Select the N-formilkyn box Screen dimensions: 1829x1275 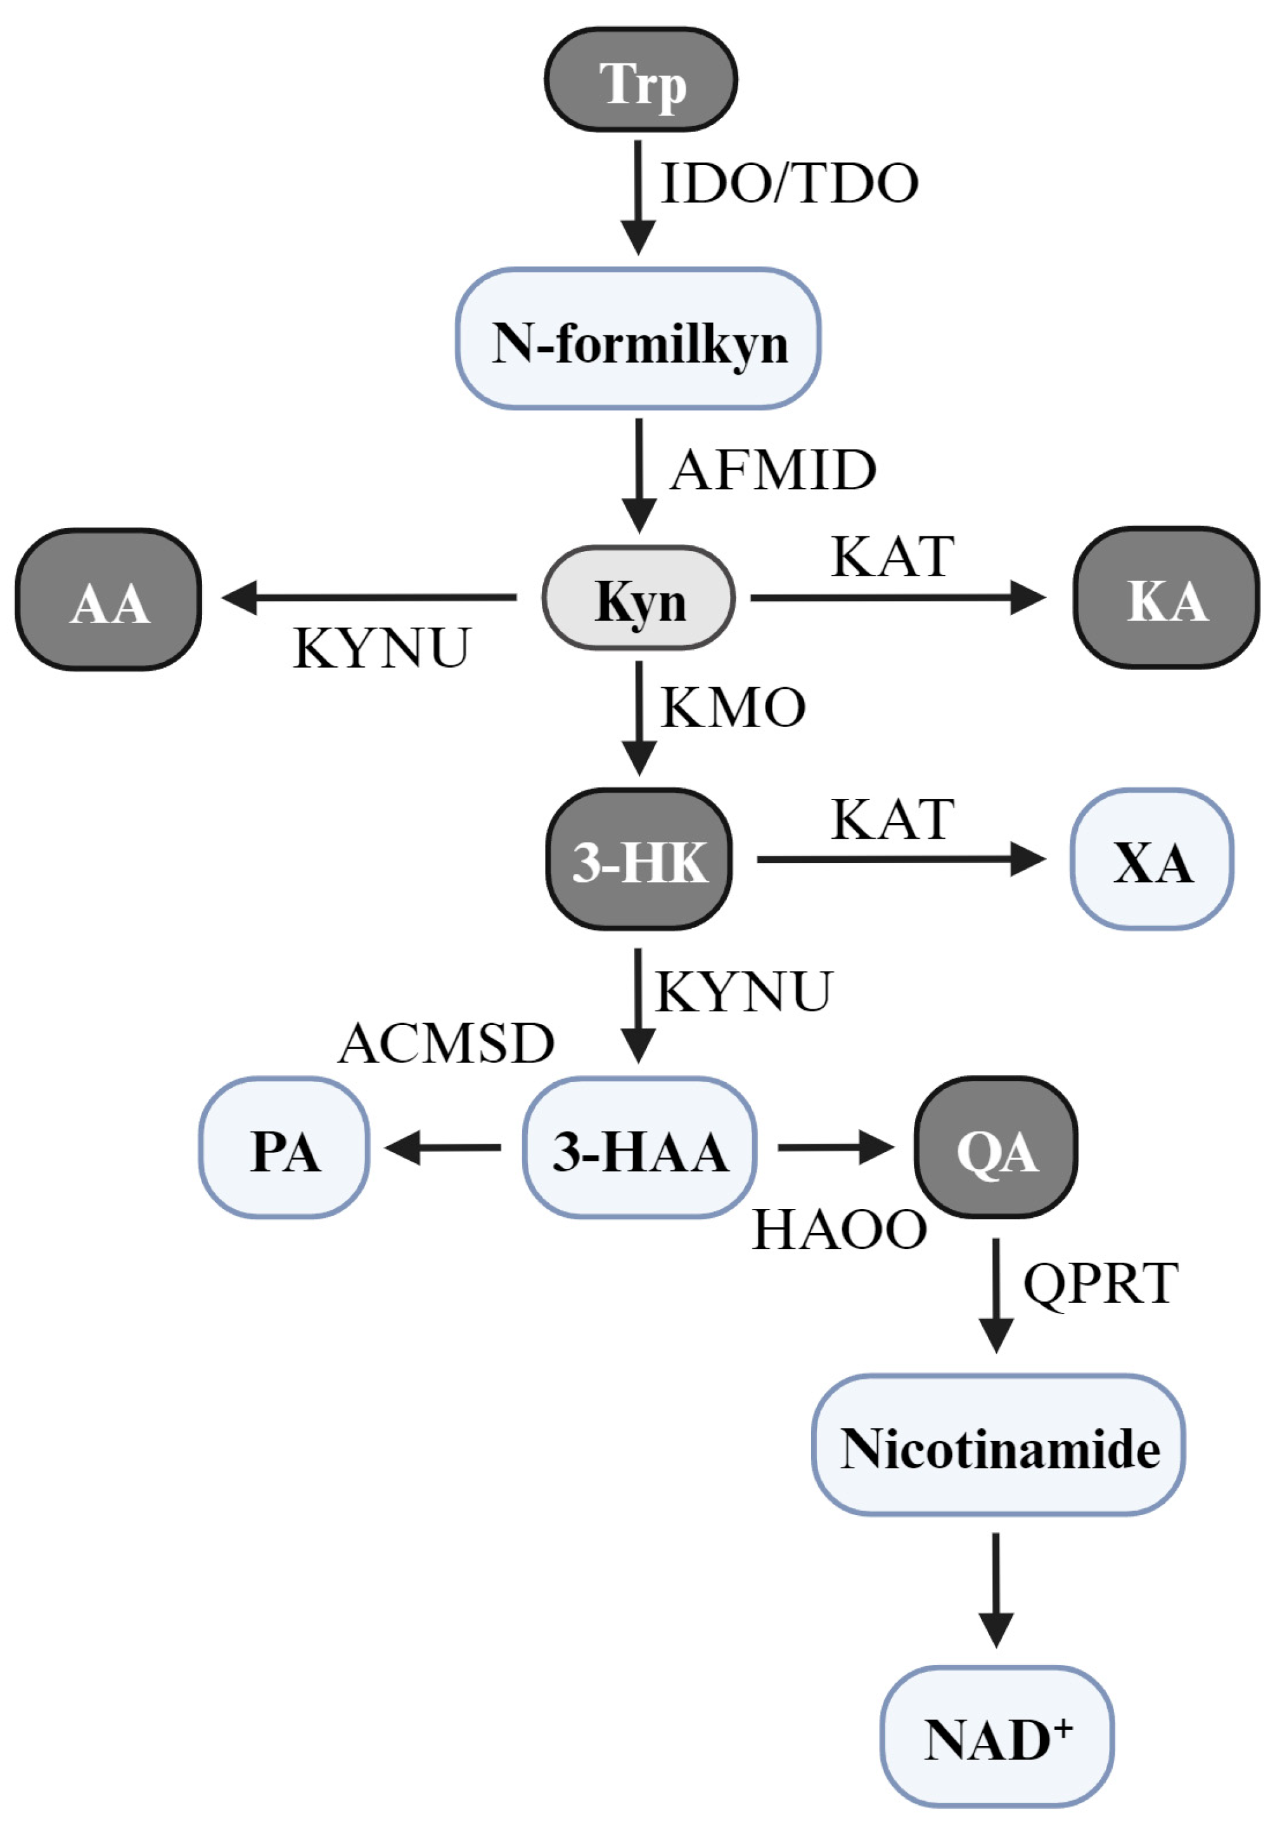pos(638,339)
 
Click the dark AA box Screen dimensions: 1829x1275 pos(108,599)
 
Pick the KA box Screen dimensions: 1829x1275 pos(1166,597)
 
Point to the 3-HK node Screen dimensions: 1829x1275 pos(639,860)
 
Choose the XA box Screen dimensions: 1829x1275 pos(1151,860)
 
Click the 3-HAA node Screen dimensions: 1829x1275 pos(639,1148)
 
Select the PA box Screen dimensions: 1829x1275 pos(285,1148)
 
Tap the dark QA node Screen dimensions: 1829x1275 pos(996,1148)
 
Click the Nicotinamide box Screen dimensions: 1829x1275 pos(998,1445)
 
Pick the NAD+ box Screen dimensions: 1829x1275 pos(997,1736)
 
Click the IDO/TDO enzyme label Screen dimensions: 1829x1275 pos(789,183)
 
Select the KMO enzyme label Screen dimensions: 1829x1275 pos(733,708)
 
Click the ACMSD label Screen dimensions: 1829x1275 pos(446,1043)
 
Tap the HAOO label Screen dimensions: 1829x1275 pos(840,1229)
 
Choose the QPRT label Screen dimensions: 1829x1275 pos(1100,1283)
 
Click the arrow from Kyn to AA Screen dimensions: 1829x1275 pos(369,597)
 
